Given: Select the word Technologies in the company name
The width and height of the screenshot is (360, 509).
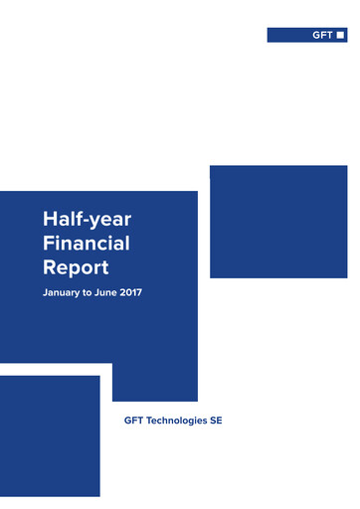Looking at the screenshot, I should click(x=176, y=422).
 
